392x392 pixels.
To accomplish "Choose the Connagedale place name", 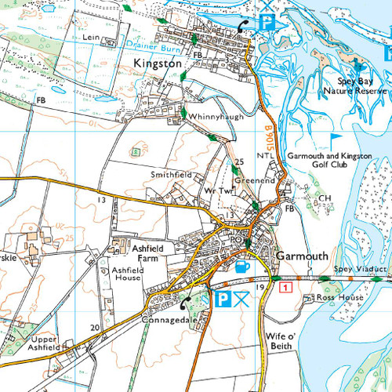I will (168, 321).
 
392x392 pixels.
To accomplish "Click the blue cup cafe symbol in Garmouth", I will (241, 267).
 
